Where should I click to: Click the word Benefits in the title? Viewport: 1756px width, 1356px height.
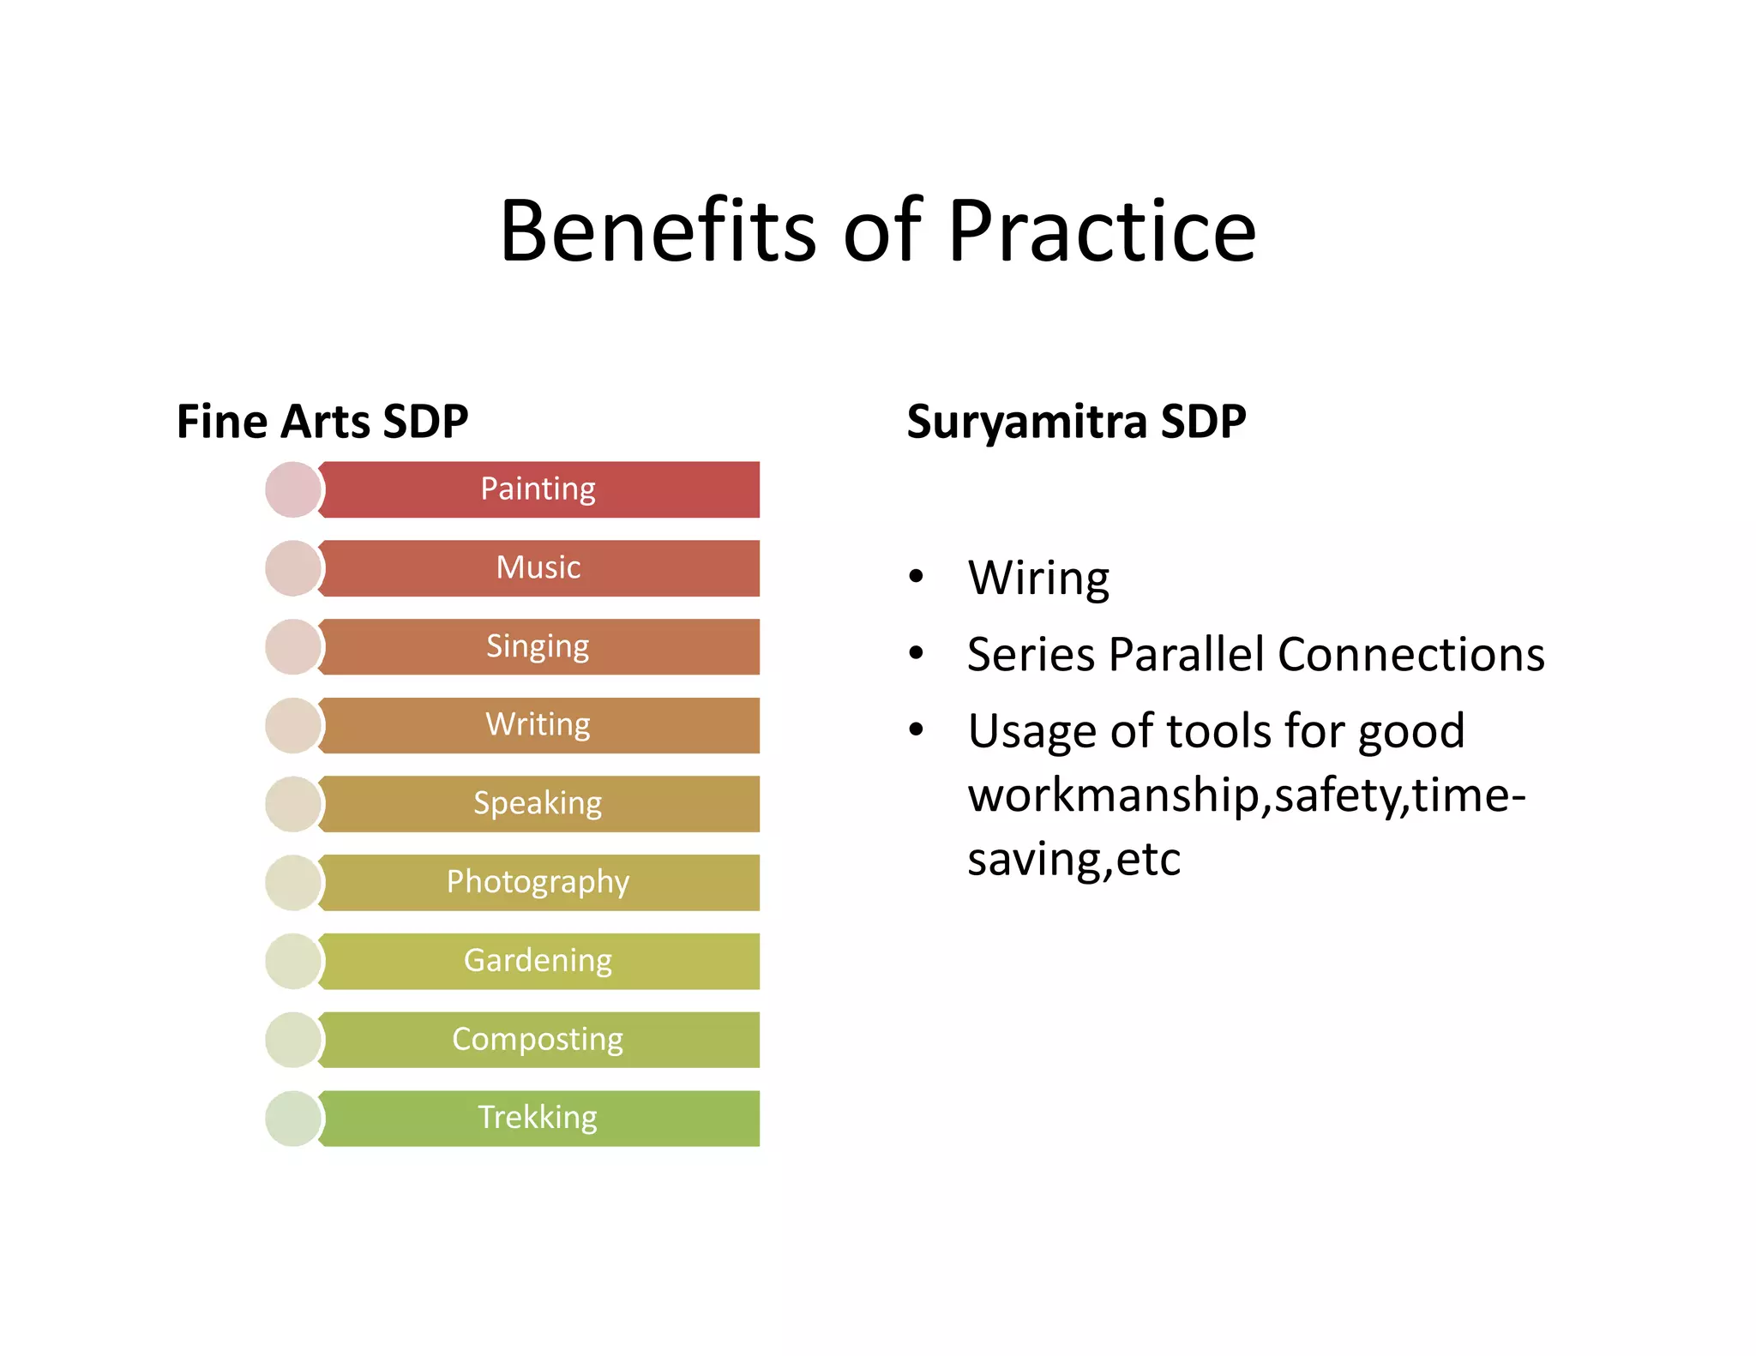(657, 231)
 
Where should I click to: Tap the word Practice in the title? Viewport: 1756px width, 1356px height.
(1102, 231)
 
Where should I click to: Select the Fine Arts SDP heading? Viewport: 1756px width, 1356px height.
(322, 421)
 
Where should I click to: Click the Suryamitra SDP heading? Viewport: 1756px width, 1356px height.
(1076, 421)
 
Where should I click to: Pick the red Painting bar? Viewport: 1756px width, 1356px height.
(538, 489)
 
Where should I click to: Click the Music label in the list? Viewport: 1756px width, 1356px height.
(538, 567)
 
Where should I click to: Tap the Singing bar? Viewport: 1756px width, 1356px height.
(538, 646)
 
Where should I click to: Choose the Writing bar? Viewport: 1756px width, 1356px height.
(538, 725)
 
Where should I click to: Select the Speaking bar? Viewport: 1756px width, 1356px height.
(538, 804)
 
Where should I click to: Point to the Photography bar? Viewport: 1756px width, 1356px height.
(538, 882)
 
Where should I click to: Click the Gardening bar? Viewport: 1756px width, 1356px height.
(538, 961)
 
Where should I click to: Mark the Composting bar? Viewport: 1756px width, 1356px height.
(538, 1040)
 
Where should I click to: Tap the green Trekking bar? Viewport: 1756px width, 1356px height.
(538, 1118)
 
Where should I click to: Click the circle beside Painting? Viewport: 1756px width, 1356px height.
(293, 489)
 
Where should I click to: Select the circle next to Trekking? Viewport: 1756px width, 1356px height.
(293, 1118)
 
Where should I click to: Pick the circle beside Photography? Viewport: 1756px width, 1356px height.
(293, 882)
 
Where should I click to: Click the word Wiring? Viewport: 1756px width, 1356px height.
(1038, 578)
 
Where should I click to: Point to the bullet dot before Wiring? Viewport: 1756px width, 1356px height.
(917, 576)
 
